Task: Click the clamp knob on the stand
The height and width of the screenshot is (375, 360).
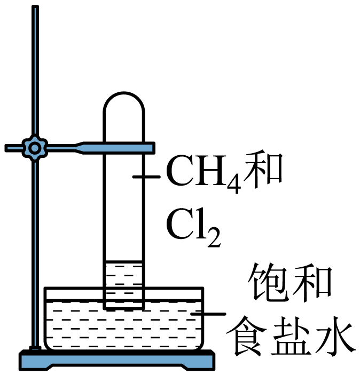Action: click(35, 148)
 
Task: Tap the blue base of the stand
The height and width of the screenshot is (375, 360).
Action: click(117, 360)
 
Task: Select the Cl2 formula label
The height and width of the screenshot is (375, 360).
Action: click(193, 227)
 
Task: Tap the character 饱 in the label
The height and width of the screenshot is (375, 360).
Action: click(268, 282)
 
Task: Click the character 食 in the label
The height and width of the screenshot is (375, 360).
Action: click(246, 336)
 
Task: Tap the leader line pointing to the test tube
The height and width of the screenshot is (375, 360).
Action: click(146, 177)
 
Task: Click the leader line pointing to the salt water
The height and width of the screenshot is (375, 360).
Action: click(208, 314)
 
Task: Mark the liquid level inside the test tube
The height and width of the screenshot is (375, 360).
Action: click(124, 261)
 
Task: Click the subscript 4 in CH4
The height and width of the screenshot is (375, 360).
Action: click(234, 185)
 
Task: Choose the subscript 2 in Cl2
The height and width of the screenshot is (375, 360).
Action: click(214, 237)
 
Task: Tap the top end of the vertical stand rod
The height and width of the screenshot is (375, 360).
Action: click(35, 6)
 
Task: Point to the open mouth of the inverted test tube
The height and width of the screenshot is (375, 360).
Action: click(124, 309)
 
